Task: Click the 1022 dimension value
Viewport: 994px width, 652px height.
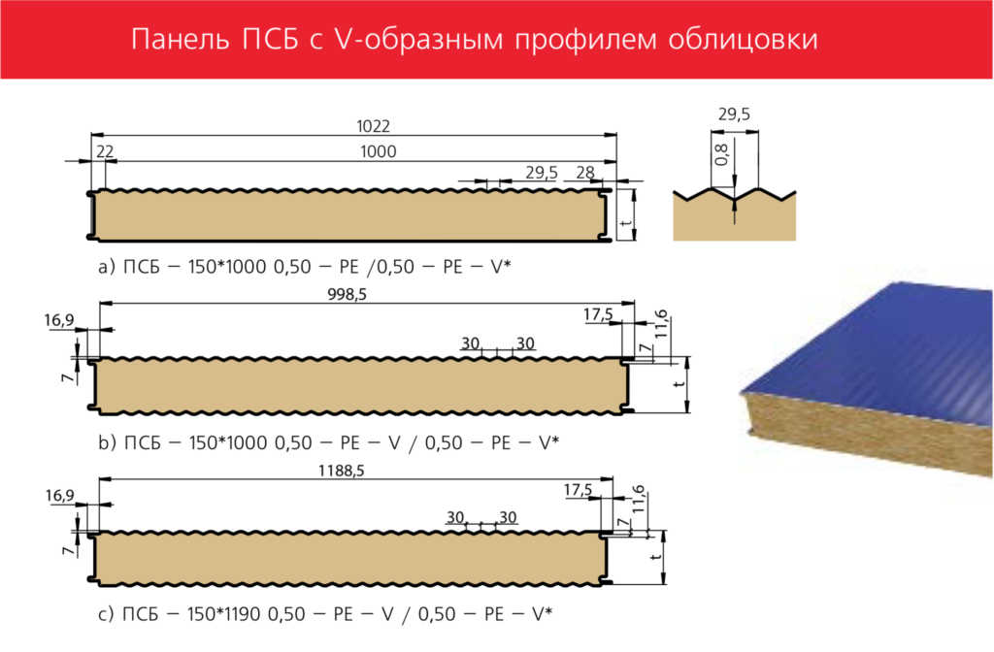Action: (x=373, y=126)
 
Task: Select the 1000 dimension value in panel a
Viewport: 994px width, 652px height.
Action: (x=378, y=151)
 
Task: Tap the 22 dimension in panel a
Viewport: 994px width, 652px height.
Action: (x=105, y=151)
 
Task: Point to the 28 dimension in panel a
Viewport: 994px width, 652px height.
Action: (x=585, y=173)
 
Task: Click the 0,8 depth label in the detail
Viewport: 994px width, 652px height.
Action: (x=722, y=154)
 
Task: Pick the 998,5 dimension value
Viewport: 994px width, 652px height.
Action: (x=347, y=295)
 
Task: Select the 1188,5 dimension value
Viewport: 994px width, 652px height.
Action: (x=341, y=471)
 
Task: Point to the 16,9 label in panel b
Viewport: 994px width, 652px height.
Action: (x=59, y=320)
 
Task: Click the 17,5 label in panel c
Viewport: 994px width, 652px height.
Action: (x=579, y=490)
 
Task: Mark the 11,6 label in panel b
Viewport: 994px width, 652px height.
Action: (x=660, y=324)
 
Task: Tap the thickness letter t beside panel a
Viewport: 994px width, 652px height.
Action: (x=626, y=224)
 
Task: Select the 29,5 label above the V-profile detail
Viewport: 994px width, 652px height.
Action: (x=734, y=114)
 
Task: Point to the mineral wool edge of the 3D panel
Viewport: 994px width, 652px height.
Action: (x=862, y=431)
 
